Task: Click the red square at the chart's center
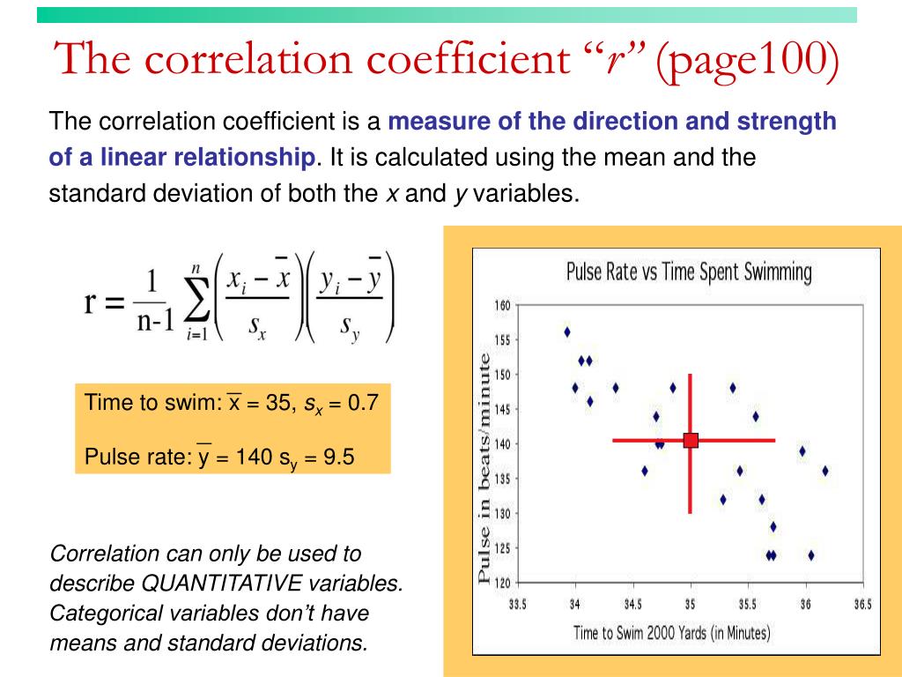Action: tap(691, 440)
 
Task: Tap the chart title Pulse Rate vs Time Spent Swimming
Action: tap(688, 272)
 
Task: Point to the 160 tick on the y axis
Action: tap(501, 306)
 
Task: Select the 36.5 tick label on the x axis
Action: tap(861, 605)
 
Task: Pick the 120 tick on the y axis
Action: tap(501, 583)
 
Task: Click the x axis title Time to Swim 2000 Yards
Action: tap(671, 632)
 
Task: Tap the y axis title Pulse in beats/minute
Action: tap(484, 467)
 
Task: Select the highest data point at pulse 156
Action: tap(567, 332)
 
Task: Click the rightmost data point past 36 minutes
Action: tap(825, 471)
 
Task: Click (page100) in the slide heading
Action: tap(747, 59)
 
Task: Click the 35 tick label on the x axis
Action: tap(691, 605)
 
